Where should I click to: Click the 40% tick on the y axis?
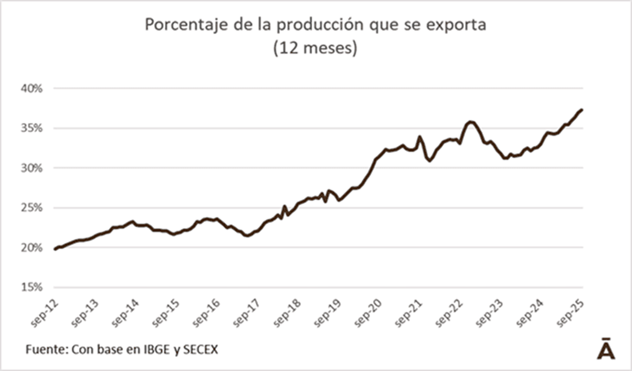click(x=31, y=88)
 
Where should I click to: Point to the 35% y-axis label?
click(x=31, y=128)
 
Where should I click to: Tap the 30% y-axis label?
click(x=31, y=168)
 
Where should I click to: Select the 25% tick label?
click(x=31, y=208)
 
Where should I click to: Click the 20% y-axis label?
click(x=31, y=247)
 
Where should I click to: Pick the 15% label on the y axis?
click(x=31, y=287)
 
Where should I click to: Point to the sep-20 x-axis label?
click(x=371, y=313)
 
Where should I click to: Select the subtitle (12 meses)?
click(x=315, y=49)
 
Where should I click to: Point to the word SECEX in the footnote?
click(x=200, y=349)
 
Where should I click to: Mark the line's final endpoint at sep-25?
click(x=582, y=110)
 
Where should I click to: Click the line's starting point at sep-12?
click(x=55, y=249)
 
